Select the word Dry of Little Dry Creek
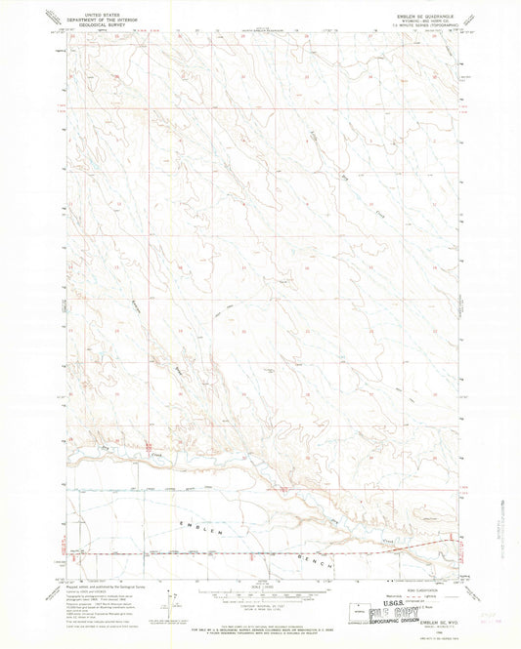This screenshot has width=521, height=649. [344, 176]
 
